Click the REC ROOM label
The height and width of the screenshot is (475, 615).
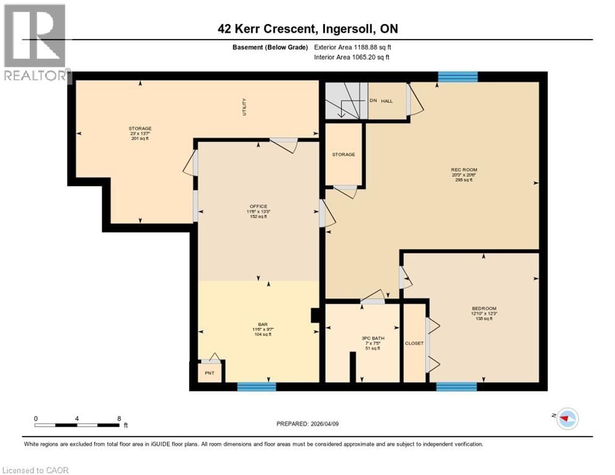pos(464,169)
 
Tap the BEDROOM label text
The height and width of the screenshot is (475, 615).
pos(484,308)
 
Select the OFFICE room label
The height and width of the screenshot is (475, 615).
pos(258,206)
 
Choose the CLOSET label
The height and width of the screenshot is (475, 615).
pos(414,343)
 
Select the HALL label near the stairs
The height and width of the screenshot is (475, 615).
pos(387,101)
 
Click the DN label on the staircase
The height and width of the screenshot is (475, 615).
pos(372,101)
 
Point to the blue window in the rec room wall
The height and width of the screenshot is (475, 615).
pos(458,77)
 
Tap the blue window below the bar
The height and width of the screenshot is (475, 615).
pos(256,387)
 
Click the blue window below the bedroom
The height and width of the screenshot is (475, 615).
pos(456,387)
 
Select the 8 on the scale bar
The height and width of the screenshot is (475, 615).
pos(119,419)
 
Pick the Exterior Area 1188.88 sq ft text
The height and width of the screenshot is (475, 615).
pos(353,47)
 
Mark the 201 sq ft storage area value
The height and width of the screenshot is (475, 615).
pos(140,138)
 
